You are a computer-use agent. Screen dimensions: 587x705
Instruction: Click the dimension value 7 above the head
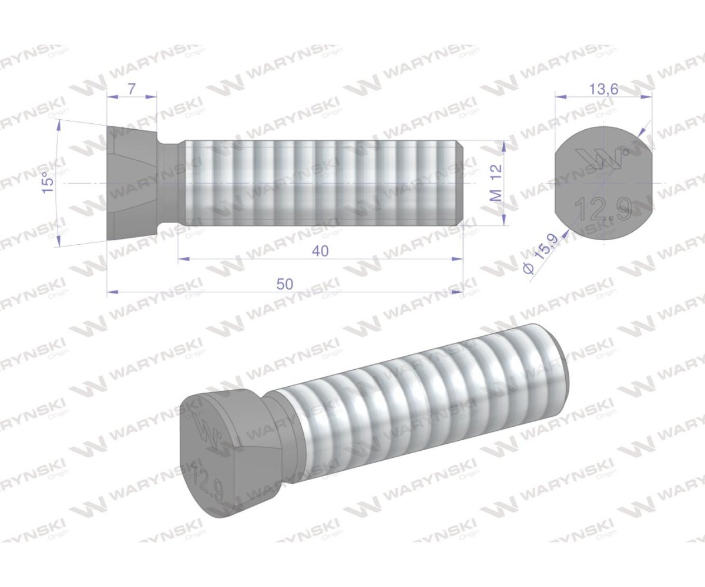tap(131, 89)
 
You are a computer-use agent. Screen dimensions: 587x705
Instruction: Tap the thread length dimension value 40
tap(320, 251)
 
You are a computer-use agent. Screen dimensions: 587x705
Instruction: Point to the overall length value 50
tap(285, 284)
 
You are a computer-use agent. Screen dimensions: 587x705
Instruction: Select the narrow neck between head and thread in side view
tap(171, 183)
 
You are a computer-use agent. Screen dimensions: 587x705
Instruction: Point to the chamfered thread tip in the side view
tap(460, 183)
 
